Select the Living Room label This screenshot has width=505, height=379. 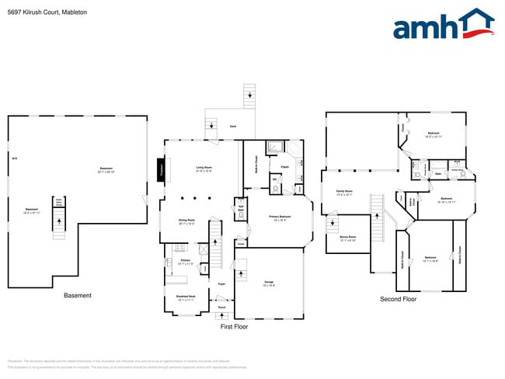tap(204, 169)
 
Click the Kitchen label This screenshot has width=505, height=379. tap(185, 262)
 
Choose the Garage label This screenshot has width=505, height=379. tap(269, 283)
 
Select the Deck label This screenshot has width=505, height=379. tap(232, 126)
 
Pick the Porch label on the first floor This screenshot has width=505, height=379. tap(221, 308)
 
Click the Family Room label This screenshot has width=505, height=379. tap(344, 192)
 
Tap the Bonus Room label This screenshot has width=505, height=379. tap(347, 238)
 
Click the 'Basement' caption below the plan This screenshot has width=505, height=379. tap(78, 296)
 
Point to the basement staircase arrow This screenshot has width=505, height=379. tap(58, 225)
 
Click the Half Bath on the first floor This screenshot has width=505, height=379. tap(241, 208)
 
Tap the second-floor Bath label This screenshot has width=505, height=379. tap(439, 174)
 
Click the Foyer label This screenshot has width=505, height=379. tap(221, 284)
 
